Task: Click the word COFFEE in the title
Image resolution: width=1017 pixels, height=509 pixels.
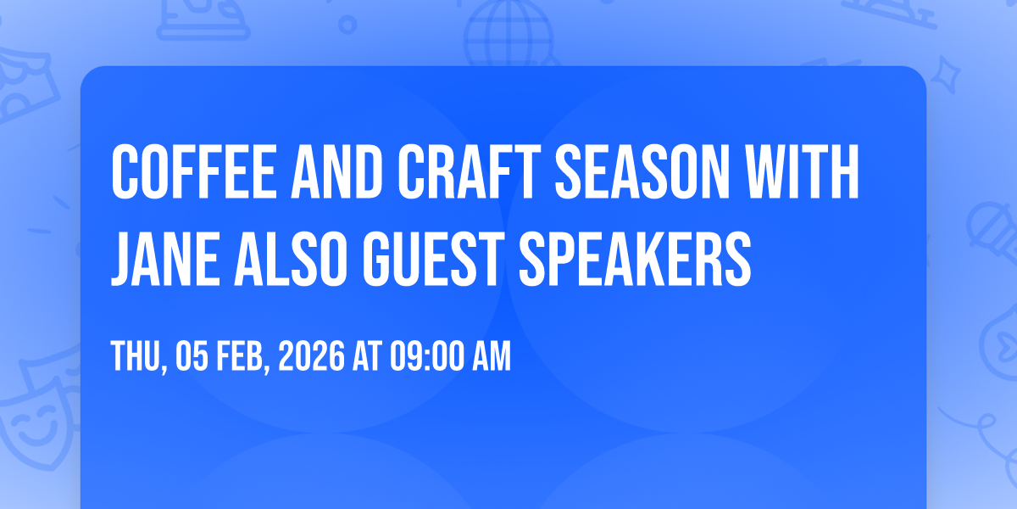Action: (x=194, y=171)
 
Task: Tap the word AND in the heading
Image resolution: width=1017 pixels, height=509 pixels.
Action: (x=337, y=171)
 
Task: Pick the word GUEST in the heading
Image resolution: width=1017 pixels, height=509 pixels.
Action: (x=434, y=259)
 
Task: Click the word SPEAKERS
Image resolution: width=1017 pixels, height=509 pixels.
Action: (x=635, y=259)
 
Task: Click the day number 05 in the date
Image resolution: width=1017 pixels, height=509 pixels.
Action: (x=192, y=356)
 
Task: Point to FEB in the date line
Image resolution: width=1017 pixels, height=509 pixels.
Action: (x=243, y=357)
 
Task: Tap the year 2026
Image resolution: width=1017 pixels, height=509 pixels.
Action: (x=312, y=356)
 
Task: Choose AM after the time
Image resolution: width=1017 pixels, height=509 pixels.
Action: (x=492, y=356)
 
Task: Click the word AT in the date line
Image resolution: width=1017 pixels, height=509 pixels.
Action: (x=368, y=356)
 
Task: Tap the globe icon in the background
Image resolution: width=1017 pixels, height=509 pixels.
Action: (x=508, y=33)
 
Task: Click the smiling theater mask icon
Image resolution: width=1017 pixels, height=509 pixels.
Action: (x=36, y=425)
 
